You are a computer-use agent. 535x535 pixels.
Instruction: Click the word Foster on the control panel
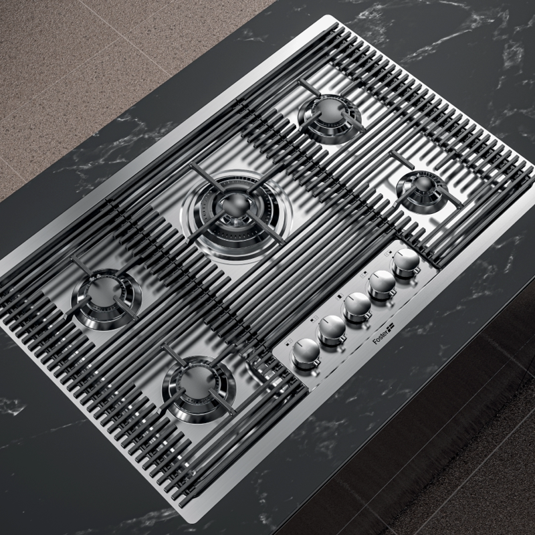pyautogui.click(x=380, y=337)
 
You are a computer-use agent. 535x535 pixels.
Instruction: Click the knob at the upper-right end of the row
pyautogui.click(x=406, y=262)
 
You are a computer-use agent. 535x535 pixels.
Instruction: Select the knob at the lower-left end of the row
pyautogui.click(x=306, y=353)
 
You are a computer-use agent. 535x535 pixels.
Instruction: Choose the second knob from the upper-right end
pyautogui.click(x=382, y=284)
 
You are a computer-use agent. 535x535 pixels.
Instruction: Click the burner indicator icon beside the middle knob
pyautogui.click(x=340, y=297)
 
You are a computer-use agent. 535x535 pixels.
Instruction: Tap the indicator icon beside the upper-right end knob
pyautogui.click(x=389, y=253)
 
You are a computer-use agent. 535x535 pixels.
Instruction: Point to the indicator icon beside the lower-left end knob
pyautogui.click(x=290, y=341)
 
